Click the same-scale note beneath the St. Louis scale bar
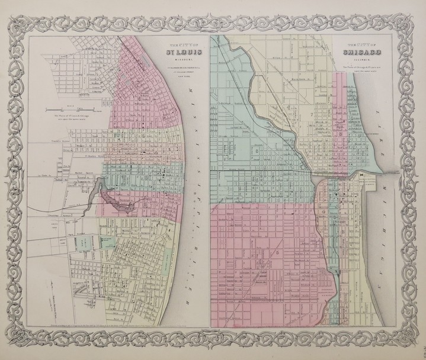[x=65, y=117]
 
